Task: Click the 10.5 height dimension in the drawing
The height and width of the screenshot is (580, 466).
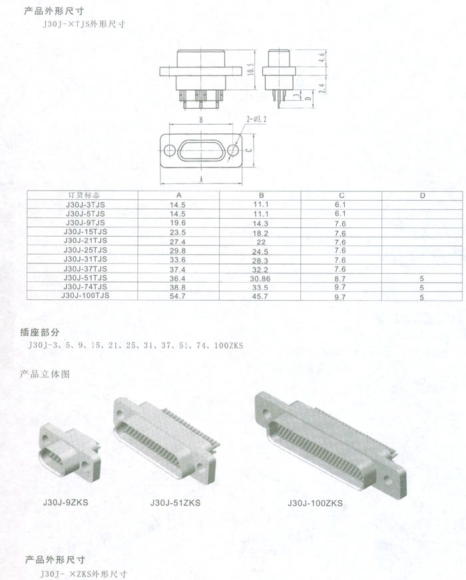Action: click(x=251, y=69)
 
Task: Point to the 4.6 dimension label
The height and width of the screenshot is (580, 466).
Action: click(x=322, y=57)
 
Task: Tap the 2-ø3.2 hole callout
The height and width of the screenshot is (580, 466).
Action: click(x=256, y=119)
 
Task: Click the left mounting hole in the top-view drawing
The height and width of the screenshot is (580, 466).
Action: click(x=170, y=151)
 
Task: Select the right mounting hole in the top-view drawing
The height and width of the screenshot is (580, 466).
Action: click(x=232, y=150)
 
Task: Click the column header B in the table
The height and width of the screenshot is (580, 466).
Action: click(x=262, y=195)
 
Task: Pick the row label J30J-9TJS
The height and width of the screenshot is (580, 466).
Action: click(x=85, y=223)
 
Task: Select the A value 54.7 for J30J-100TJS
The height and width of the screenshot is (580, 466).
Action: click(x=178, y=296)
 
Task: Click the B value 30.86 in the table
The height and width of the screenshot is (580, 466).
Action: click(x=260, y=279)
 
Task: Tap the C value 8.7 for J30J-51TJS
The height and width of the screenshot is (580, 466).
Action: click(x=340, y=279)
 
